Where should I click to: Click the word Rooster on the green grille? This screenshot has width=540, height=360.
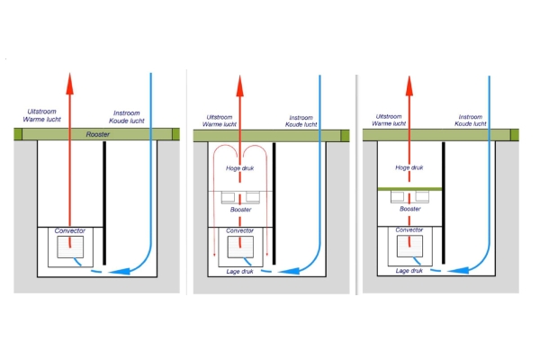98,134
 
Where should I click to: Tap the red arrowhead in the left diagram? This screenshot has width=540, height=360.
70,84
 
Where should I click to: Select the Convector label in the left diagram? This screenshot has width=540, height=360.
70,230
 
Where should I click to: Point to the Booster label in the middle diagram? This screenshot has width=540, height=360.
240,210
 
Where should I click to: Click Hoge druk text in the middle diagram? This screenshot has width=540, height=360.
239,168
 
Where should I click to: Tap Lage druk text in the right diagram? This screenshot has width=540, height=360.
409,271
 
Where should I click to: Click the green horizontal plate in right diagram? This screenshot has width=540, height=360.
409,189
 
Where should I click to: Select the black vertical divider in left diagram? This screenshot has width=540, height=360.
104,202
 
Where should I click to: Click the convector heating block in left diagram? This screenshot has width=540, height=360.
70,247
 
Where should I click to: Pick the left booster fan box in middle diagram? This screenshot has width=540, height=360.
228,197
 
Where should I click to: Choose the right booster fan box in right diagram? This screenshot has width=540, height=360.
422,196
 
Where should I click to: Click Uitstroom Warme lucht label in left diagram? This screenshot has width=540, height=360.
41,115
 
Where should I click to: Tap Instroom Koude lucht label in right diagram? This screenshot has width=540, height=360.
471,121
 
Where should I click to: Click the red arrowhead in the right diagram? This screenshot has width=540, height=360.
409,85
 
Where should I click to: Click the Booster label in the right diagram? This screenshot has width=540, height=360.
410,209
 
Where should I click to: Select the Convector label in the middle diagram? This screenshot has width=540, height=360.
239,230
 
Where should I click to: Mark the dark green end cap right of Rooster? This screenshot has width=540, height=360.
175,134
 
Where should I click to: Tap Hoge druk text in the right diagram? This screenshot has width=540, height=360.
409,167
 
